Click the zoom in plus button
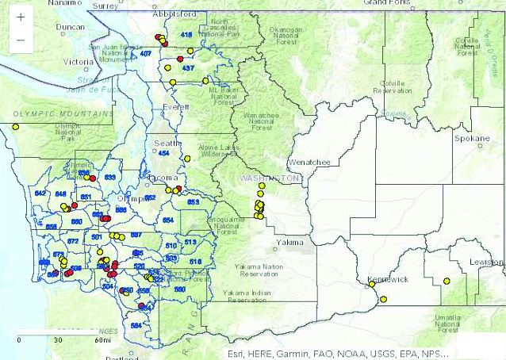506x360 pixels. click(20, 17)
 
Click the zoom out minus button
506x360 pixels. click(20, 39)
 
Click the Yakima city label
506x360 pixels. click(289, 241)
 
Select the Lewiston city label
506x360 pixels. click(485, 261)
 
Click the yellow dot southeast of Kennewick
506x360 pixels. click(383, 299)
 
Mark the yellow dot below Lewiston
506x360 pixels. click(447, 281)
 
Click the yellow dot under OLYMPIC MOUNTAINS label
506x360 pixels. click(15, 126)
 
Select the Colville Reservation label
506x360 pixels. click(393, 86)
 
